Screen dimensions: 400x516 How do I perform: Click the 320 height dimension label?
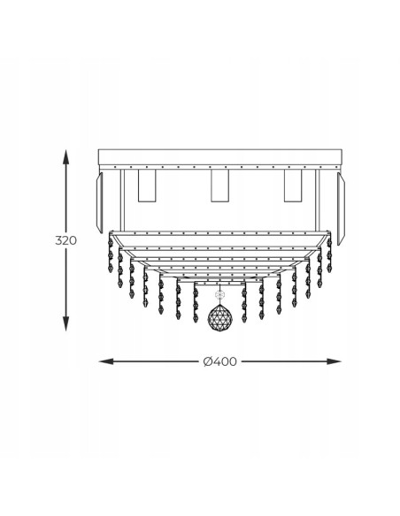(x=65, y=240)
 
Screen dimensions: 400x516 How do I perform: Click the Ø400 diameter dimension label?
(x=219, y=361)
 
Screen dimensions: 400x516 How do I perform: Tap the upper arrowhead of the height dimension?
(x=65, y=156)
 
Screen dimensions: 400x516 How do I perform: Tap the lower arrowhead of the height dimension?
(x=65, y=323)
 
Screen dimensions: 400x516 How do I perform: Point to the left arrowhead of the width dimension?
(x=106, y=361)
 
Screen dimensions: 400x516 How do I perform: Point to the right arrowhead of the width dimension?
(x=335, y=361)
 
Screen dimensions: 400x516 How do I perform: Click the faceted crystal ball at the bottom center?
(x=219, y=317)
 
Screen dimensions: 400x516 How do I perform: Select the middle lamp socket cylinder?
(x=219, y=186)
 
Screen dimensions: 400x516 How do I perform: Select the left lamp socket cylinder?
(x=147, y=186)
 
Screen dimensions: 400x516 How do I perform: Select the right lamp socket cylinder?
(x=293, y=186)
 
